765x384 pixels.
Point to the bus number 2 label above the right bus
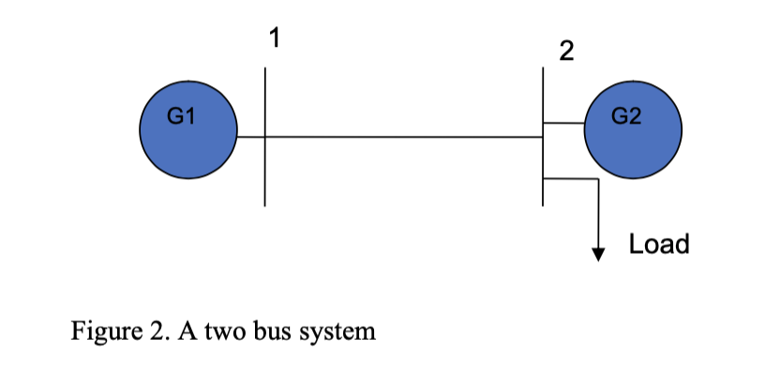coord(564,52)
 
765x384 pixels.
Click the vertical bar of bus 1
coord(265,173)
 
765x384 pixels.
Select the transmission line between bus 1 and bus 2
coord(403,137)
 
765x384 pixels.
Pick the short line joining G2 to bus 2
coord(563,123)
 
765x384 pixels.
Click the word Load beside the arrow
coord(659,244)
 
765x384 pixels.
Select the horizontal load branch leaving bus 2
coord(570,178)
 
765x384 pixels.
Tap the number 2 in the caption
coord(157,332)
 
